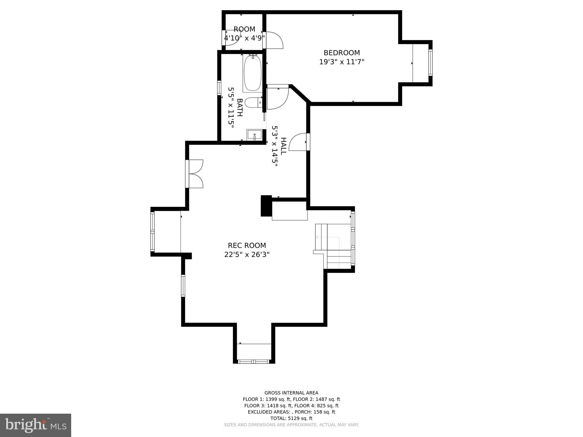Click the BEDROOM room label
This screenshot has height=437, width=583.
[342, 53]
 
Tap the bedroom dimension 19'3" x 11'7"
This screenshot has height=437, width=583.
[342, 62]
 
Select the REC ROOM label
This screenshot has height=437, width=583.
[247, 246]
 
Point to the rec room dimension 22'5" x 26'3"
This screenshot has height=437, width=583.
[247, 255]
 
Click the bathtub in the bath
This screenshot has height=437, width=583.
[253, 73]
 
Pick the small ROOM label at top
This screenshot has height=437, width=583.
[244, 29]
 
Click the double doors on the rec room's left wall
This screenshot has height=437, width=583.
[195, 174]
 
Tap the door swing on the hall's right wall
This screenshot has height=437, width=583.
[298, 142]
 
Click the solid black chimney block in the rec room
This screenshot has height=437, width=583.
[266, 206]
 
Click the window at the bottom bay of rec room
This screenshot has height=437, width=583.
[253, 362]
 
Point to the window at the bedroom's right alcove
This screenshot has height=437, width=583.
[430, 63]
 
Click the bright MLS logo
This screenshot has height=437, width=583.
[36, 425]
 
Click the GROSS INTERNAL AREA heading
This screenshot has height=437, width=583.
[291, 393]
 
